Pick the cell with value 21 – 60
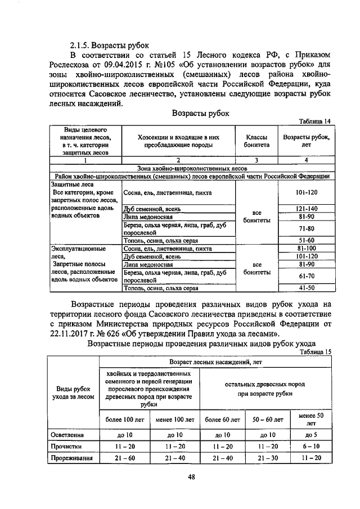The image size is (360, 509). tap(125, 457)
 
